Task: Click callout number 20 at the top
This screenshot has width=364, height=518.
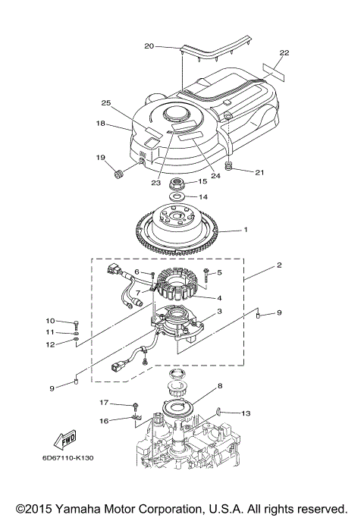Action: coord(149,46)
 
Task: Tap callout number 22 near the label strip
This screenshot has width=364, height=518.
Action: coord(284,53)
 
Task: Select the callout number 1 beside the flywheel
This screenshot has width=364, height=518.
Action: coord(245,229)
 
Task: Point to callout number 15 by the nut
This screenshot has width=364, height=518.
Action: coord(202,182)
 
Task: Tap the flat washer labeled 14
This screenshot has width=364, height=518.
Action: coord(175,196)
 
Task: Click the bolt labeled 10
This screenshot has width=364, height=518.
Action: coord(77,322)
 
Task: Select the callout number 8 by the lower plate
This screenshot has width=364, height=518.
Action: coord(220,386)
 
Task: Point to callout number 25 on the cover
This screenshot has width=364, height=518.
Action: coord(106,102)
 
